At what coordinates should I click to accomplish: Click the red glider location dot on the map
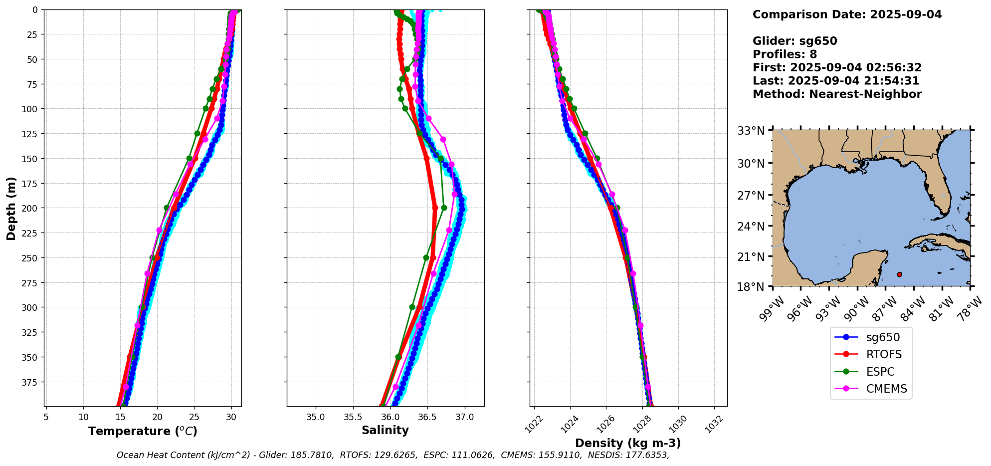[899, 274]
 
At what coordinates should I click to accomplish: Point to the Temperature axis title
[143, 431]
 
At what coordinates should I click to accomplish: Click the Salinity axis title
[385, 430]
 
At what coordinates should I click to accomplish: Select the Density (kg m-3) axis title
[628, 443]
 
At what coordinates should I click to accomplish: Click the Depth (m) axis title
[11, 208]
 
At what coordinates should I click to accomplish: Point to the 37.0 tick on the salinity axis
[464, 417]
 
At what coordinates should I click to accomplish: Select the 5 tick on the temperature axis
[46, 417]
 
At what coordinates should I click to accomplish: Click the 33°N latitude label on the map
[751, 131]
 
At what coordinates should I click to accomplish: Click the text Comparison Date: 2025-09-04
[847, 14]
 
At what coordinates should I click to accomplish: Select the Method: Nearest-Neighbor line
[837, 94]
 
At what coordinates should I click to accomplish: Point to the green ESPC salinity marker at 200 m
[444, 208]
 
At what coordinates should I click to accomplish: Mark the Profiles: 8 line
[785, 54]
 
